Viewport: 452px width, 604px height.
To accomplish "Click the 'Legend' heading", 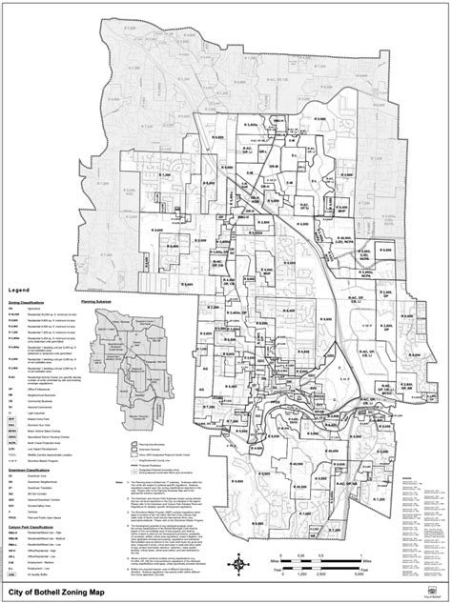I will click(x=20, y=289).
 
